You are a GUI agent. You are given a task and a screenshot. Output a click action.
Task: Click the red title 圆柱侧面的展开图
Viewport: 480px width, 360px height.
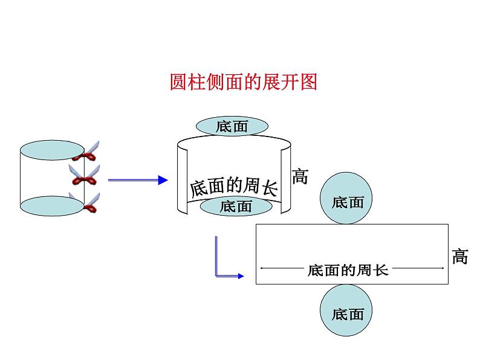point(243,82)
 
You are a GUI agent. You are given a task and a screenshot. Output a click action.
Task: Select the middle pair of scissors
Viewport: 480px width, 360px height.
point(85,176)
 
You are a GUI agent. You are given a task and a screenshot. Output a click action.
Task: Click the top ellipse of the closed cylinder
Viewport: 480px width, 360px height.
point(52,150)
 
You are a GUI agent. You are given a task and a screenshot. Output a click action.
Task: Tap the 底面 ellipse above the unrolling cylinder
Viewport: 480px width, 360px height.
point(232,126)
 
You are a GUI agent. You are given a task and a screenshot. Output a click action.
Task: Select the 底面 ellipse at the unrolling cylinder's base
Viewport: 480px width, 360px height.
point(236,207)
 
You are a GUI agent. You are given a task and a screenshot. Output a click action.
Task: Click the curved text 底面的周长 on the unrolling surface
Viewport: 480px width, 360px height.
point(233,188)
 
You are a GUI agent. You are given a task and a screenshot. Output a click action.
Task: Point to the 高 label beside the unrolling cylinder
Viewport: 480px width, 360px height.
point(300,176)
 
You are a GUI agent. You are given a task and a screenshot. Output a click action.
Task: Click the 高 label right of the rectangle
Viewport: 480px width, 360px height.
point(460,257)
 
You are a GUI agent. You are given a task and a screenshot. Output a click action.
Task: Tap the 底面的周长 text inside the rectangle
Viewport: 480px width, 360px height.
point(348,270)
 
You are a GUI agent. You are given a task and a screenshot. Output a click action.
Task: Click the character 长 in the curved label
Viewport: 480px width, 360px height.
point(269,190)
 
